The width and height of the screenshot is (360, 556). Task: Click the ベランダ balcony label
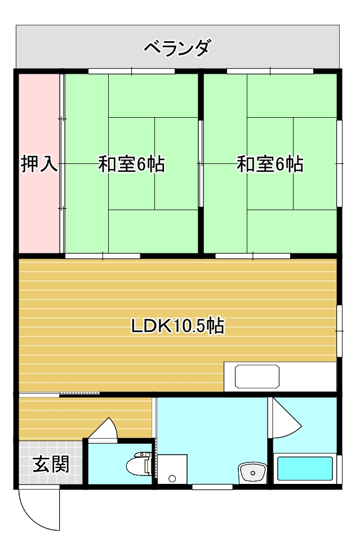point(177,48)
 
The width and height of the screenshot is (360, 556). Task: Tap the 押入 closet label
point(39,163)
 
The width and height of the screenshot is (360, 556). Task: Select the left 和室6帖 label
point(132,164)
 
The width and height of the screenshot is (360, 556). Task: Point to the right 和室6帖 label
point(270,164)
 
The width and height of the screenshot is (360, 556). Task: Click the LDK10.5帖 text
point(177,326)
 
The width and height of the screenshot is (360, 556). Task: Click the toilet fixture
point(139,464)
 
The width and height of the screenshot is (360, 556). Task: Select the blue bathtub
point(305,468)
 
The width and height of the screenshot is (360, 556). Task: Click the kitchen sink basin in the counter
point(257,376)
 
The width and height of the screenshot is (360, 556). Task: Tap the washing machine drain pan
point(172,469)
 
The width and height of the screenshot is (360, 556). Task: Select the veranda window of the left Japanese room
point(131,71)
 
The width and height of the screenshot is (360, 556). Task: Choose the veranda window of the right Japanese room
point(270,71)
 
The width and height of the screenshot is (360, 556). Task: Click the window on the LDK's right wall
point(339,331)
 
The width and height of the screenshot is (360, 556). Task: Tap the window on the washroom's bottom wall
point(212,487)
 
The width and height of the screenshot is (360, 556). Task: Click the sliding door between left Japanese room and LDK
point(103,256)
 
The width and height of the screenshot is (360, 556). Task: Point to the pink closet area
point(39,163)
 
